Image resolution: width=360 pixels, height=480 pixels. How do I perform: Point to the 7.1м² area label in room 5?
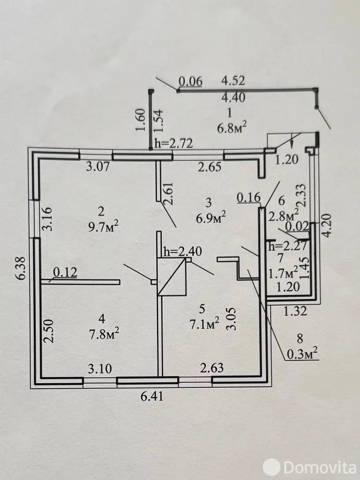(205, 324)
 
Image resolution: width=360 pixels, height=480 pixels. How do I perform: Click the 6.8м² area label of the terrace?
(232, 128)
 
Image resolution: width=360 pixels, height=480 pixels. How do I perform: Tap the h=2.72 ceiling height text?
(174, 144)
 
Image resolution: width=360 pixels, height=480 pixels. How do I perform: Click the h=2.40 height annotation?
(182, 252)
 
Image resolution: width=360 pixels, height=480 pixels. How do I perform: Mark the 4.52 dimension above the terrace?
(233, 81)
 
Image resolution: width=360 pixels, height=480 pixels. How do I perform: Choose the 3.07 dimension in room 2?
(98, 167)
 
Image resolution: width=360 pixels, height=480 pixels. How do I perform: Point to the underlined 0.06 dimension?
(190, 82)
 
